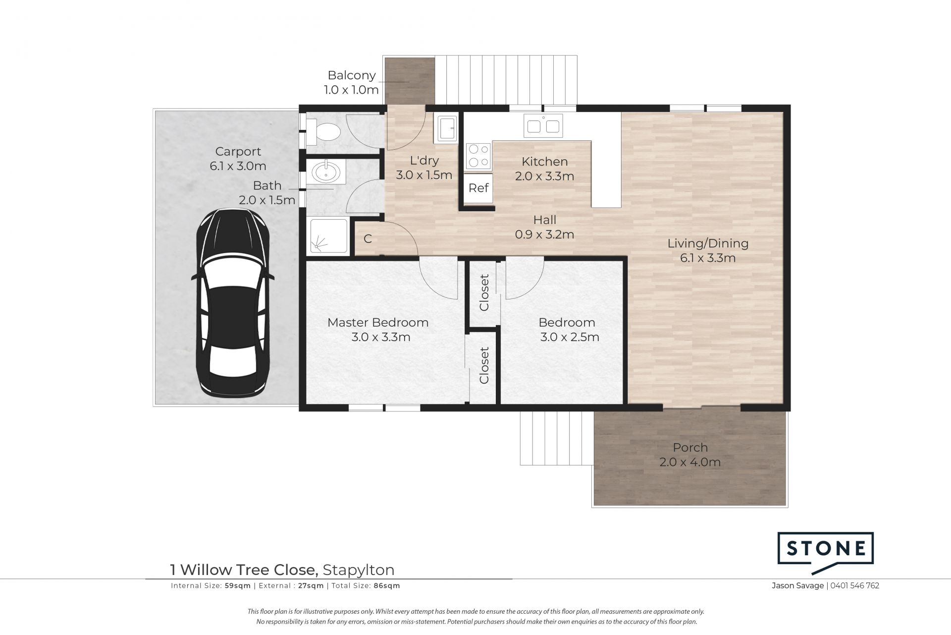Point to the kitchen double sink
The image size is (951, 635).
[x=543, y=126]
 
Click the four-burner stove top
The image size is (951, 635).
[x=478, y=156]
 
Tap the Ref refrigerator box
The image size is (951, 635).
[x=478, y=188]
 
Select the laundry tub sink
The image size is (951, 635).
[x=445, y=128]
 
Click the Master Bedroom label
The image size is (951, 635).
[x=378, y=323]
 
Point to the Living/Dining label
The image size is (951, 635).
[x=708, y=243]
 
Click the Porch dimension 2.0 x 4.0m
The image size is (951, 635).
[x=690, y=462]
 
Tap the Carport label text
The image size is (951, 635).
[x=238, y=152]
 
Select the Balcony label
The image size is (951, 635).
[x=352, y=75]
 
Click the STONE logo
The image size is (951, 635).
[x=825, y=551]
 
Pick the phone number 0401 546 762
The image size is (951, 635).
[x=855, y=585]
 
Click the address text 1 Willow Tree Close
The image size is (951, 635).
[x=243, y=570]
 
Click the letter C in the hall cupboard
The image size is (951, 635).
[x=368, y=239]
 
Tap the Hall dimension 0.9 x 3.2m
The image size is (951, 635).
[x=544, y=234]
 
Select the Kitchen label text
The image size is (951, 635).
[x=545, y=162]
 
